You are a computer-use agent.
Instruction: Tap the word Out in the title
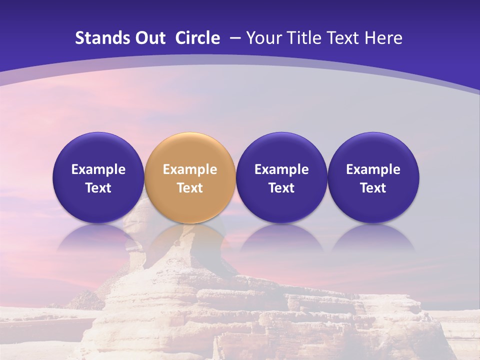(149, 38)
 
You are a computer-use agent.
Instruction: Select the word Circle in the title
(197, 38)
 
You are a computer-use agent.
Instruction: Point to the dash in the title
(234, 38)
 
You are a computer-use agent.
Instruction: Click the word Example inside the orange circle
(190, 169)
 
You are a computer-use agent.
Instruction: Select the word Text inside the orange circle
(190, 188)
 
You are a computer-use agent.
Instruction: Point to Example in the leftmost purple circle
(98, 169)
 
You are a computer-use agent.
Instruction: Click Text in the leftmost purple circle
(98, 188)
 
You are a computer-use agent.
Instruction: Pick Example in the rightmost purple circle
(373, 169)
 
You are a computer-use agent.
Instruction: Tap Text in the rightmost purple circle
(373, 188)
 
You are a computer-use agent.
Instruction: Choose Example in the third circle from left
(281, 169)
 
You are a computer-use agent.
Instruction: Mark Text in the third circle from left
(281, 188)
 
